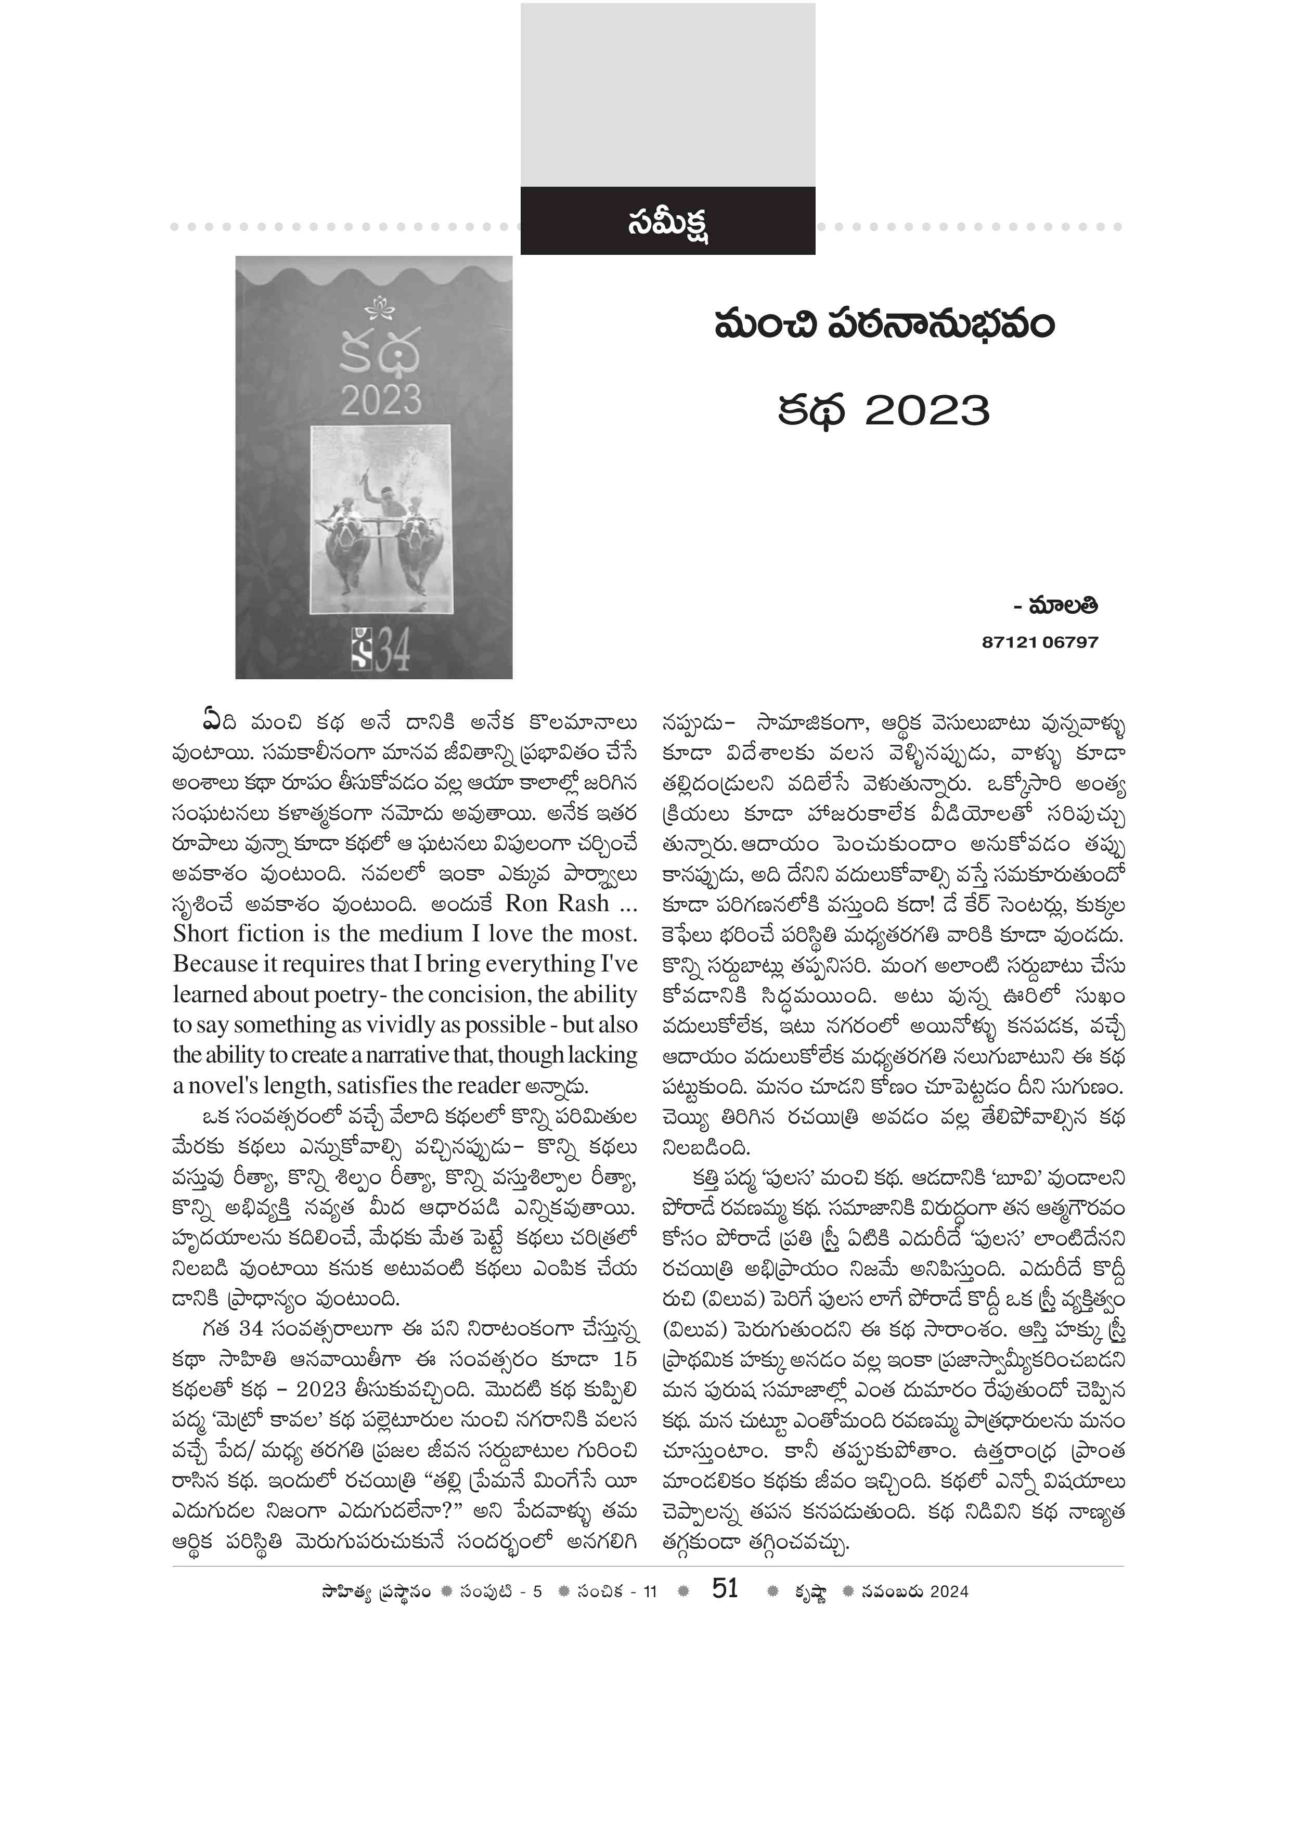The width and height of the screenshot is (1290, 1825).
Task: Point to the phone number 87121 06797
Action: point(1040,642)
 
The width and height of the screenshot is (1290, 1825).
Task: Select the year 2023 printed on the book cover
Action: point(381,400)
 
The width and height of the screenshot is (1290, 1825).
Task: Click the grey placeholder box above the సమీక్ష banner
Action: point(668,94)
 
